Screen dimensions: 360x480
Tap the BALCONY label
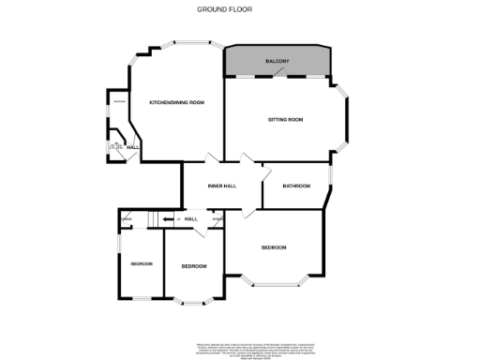(x=277, y=62)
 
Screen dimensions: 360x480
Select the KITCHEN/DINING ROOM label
(x=177, y=102)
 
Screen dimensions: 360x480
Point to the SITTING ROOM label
(x=285, y=121)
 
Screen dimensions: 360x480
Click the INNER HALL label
(x=221, y=186)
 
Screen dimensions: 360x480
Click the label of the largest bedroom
(x=274, y=247)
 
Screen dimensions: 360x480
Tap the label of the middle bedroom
(x=193, y=266)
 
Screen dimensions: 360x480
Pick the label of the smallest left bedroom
(x=142, y=264)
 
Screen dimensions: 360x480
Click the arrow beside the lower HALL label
(x=171, y=219)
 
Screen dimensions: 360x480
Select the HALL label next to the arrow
(x=190, y=219)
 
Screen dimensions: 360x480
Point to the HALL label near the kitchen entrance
(x=134, y=148)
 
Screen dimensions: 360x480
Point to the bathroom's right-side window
(x=332, y=178)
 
